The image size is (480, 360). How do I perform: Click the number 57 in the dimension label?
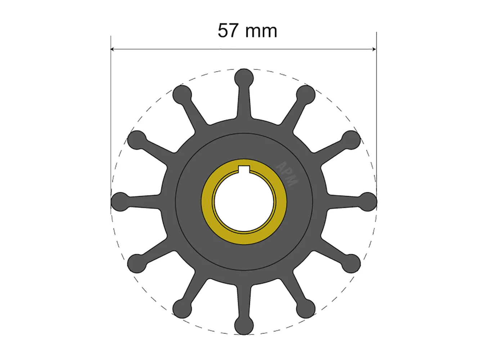tap(228, 31)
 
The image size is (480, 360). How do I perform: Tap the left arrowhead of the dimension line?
tap(112, 49)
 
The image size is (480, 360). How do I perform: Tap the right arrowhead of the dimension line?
tap(374, 49)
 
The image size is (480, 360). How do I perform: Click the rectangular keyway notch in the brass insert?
tap(244, 169)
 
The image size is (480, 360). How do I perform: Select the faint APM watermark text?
tap(287, 174)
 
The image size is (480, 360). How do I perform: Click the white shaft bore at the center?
tap(244, 202)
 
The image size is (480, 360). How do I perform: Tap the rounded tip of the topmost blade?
tap(244, 78)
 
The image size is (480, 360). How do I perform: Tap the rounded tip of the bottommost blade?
tap(244, 325)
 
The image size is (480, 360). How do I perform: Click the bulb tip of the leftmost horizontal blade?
tap(121, 202)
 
